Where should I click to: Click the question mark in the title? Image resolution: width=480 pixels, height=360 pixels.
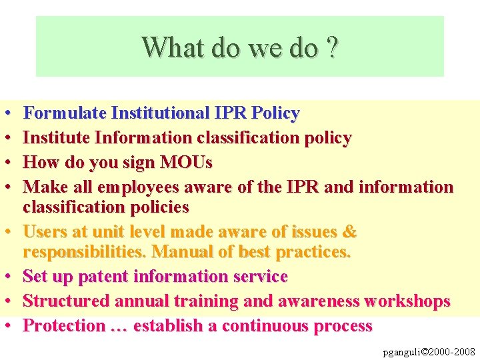point(331,48)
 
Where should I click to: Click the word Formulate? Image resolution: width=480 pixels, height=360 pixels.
point(65,113)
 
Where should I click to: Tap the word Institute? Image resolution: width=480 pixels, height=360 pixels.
point(56,138)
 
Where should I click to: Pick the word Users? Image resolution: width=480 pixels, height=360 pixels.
point(46,232)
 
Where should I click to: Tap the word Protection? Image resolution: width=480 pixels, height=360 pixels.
point(64,326)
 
